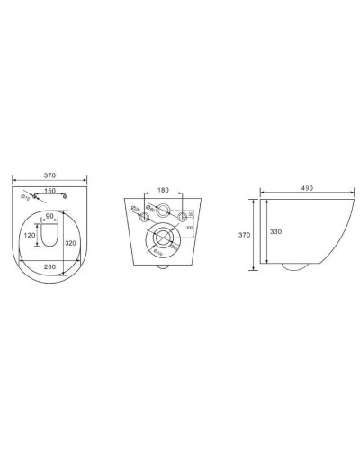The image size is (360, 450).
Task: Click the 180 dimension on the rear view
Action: tap(163, 191)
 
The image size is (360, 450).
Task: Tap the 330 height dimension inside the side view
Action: tap(277, 231)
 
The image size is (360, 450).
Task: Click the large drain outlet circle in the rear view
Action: tap(163, 240)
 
